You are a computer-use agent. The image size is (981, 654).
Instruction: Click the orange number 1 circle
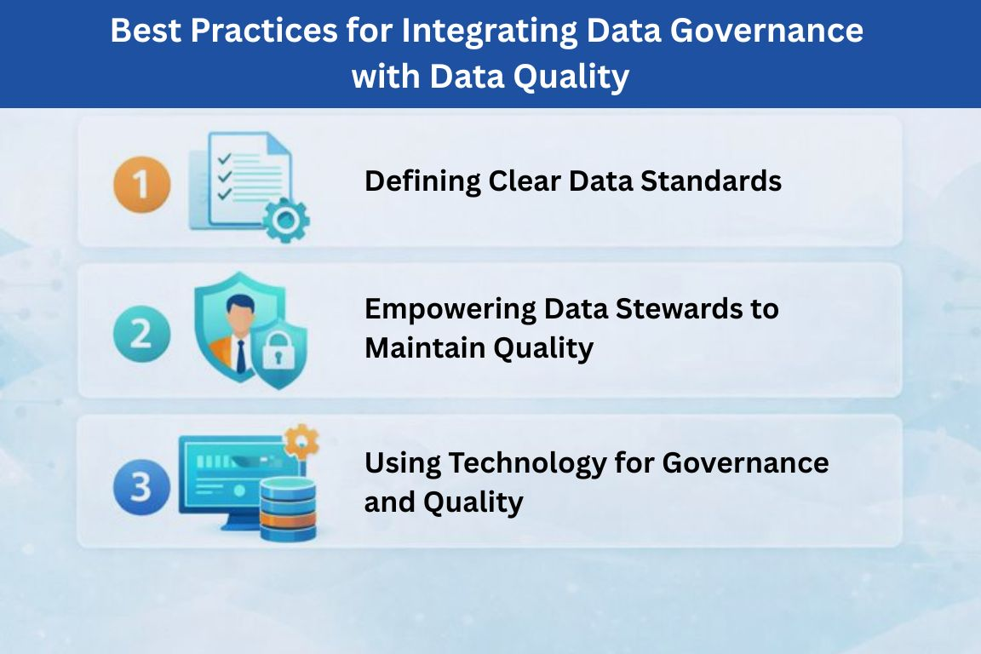142,185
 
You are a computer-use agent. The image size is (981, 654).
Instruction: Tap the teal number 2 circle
142,334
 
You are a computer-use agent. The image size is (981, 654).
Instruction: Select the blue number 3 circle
142,487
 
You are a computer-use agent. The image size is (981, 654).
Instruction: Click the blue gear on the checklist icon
286,220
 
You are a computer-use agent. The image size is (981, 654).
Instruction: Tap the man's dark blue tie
241,358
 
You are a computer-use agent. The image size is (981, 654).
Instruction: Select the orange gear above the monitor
301,442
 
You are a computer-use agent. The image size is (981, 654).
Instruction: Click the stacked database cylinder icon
288,509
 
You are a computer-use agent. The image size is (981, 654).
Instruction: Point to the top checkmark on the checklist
224,159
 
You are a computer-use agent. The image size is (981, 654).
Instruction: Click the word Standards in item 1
711,181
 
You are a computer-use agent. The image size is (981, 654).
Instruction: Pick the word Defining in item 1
423,181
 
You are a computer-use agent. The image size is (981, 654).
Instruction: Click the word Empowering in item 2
450,310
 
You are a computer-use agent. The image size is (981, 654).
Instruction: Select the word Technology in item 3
528,464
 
